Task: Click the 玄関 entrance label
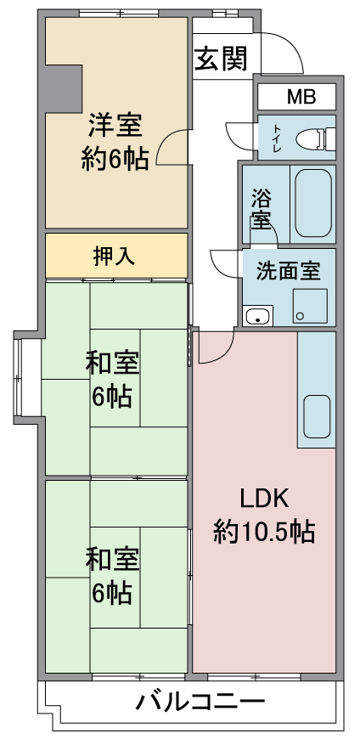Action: [x=221, y=59]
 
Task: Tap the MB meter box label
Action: [x=301, y=97]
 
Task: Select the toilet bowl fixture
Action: [x=316, y=138]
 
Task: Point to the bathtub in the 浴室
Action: [x=313, y=203]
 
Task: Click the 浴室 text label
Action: [x=261, y=209]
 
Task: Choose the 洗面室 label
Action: [x=288, y=271]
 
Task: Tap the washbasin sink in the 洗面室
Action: [x=258, y=315]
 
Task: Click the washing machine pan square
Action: [x=310, y=306]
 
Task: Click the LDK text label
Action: [x=264, y=499]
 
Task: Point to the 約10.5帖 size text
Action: [x=264, y=532]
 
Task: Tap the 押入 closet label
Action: [x=115, y=256]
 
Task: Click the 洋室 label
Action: [x=115, y=125]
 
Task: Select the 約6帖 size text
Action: [x=115, y=159]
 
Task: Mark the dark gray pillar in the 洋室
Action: [x=63, y=88]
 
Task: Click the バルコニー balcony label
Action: [x=200, y=702]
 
